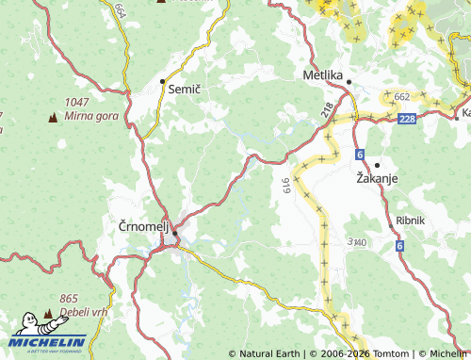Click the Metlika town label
pos(321,74)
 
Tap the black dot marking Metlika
pos(349,82)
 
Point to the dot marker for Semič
pos(162,81)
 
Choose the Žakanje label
pos(378,176)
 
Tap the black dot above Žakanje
pos(377,164)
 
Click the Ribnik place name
pos(412,220)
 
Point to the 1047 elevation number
pos(77,102)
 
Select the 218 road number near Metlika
pos(326,110)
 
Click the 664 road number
pos(120,11)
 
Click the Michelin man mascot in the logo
pos(30,324)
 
